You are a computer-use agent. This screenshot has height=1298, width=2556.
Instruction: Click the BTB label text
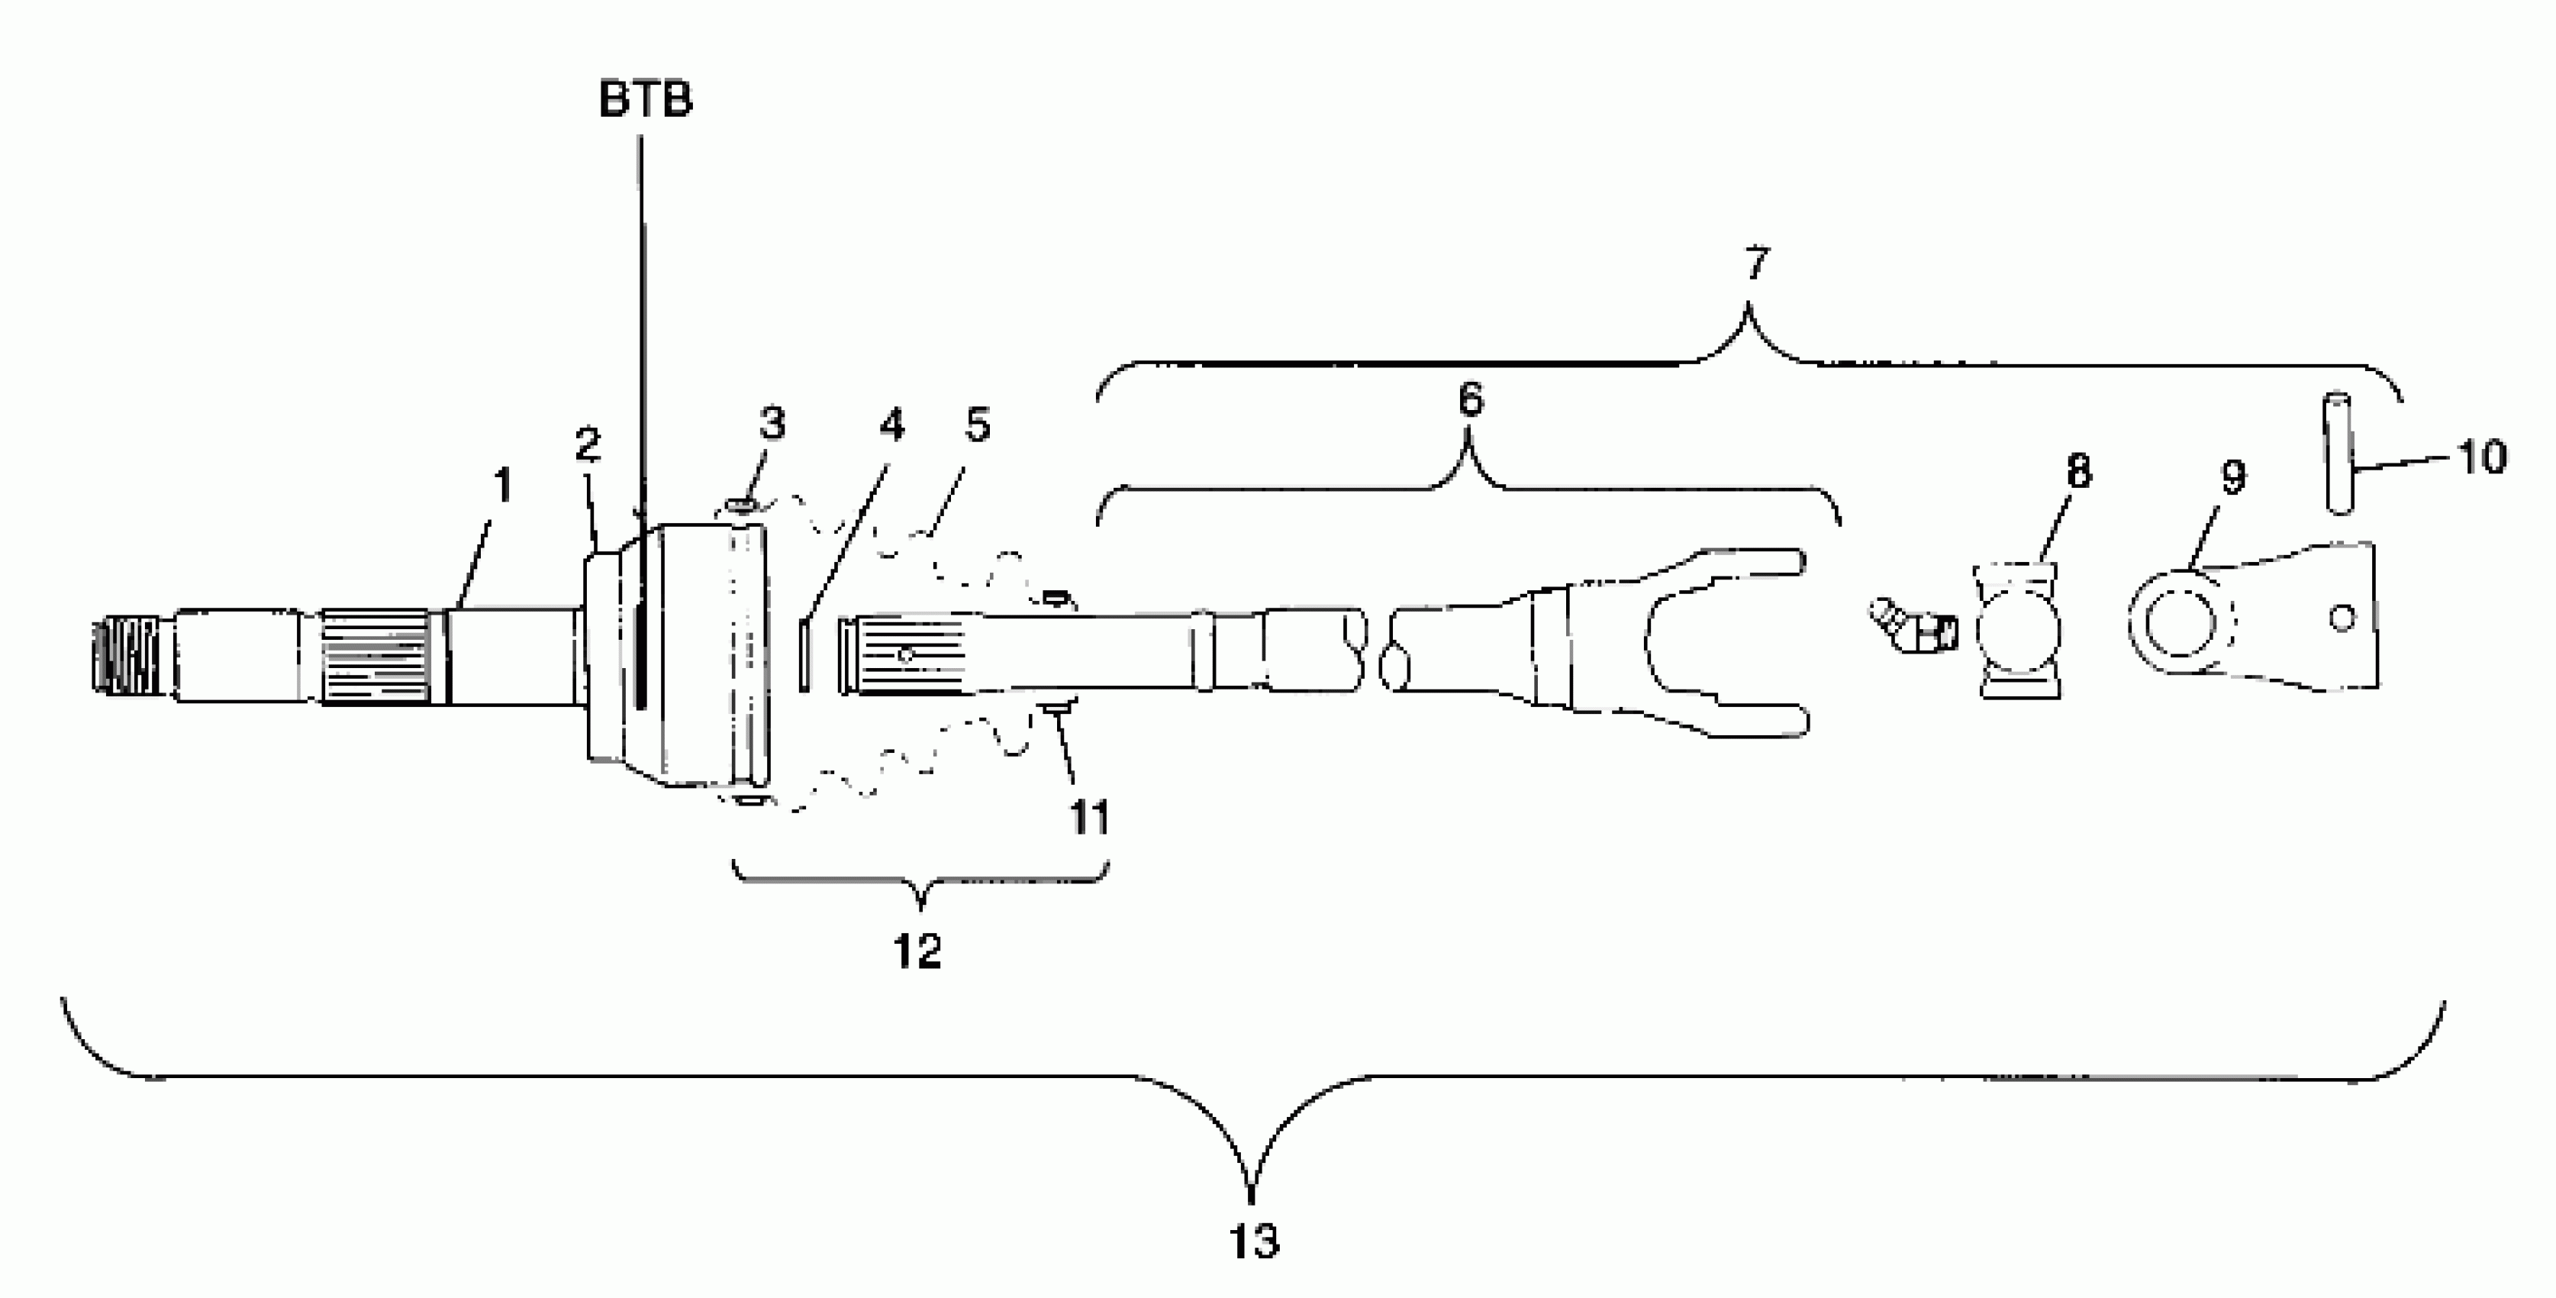(x=646, y=100)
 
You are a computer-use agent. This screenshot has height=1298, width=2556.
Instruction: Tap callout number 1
(x=503, y=486)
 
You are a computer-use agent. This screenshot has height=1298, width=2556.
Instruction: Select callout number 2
(x=588, y=444)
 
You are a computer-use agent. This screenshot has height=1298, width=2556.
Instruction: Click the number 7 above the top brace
(x=1755, y=264)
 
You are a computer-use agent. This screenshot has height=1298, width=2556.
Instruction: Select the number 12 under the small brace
(x=917, y=951)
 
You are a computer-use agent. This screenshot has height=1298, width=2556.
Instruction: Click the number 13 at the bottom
(x=1253, y=1241)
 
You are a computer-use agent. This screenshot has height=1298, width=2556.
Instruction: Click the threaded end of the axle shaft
(x=125, y=655)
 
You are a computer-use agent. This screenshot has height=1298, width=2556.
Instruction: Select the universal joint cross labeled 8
(x=2018, y=631)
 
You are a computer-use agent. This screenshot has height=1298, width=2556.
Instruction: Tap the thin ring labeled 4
(x=804, y=653)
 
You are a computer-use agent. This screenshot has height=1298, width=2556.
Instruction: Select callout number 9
(x=2232, y=477)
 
